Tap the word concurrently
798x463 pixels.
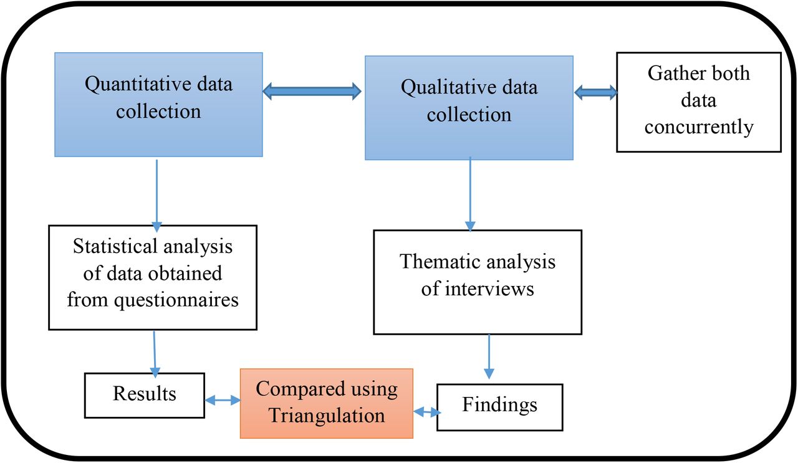point(699,126)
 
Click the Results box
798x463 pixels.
point(145,395)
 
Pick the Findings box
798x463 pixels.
point(500,407)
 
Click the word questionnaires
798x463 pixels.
point(176,300)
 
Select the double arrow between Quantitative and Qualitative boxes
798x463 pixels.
point(312,91)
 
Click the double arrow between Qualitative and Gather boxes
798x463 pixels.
point(595,93)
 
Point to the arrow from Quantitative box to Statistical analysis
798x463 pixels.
point(156,195)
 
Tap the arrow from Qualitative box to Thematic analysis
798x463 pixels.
point(470,194)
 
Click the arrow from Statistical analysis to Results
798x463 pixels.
point(155,354)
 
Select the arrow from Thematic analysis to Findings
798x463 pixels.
point(489,356)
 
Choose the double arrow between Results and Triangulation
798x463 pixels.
point(223,400)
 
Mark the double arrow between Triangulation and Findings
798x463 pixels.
point(427,412)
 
